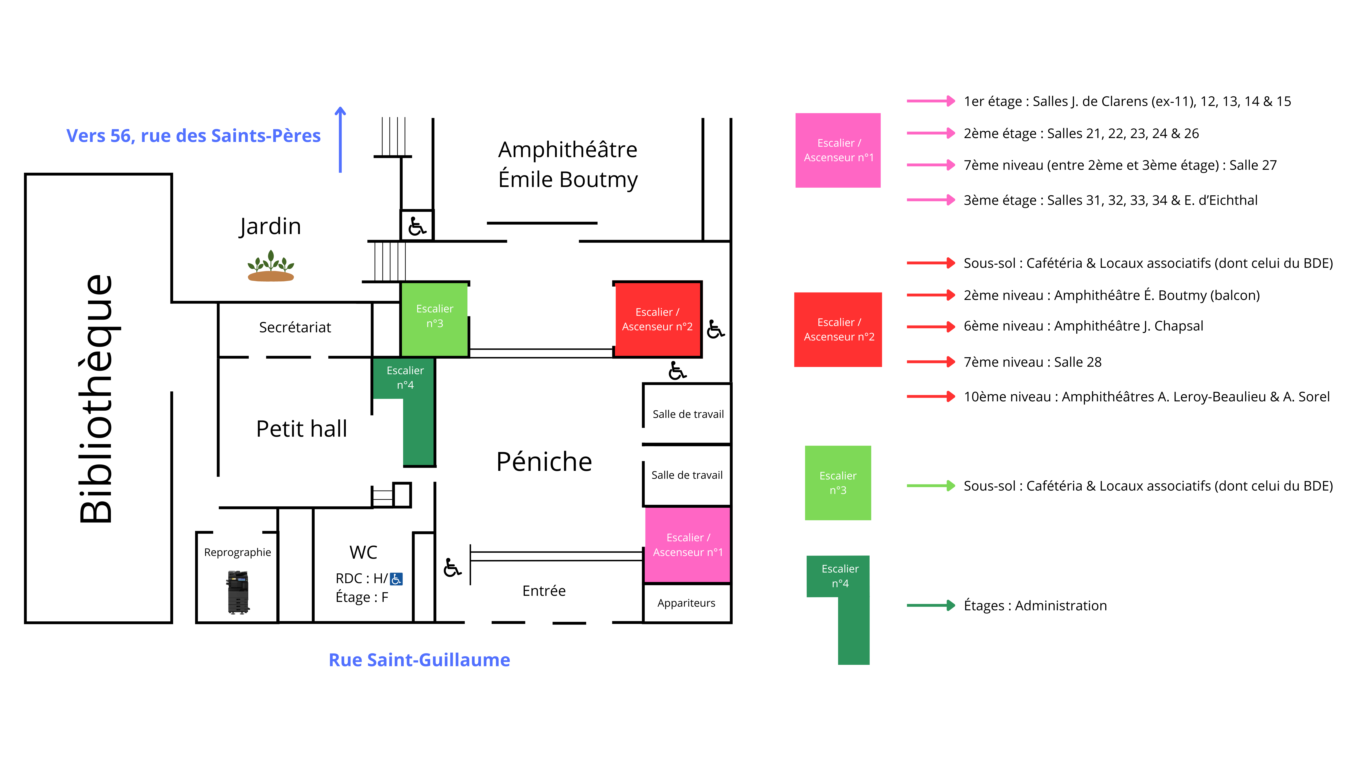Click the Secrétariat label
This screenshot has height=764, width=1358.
point(295,327)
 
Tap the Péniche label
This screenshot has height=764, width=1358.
point(544,462)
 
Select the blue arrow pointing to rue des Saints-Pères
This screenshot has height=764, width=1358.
point(341,140)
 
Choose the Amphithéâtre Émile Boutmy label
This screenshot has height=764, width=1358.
point(568,165)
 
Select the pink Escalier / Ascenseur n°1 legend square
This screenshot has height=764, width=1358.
point(838,150)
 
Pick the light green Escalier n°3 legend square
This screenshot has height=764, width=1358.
point(838,483)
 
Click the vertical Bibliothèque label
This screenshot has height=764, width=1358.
point(96,399)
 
